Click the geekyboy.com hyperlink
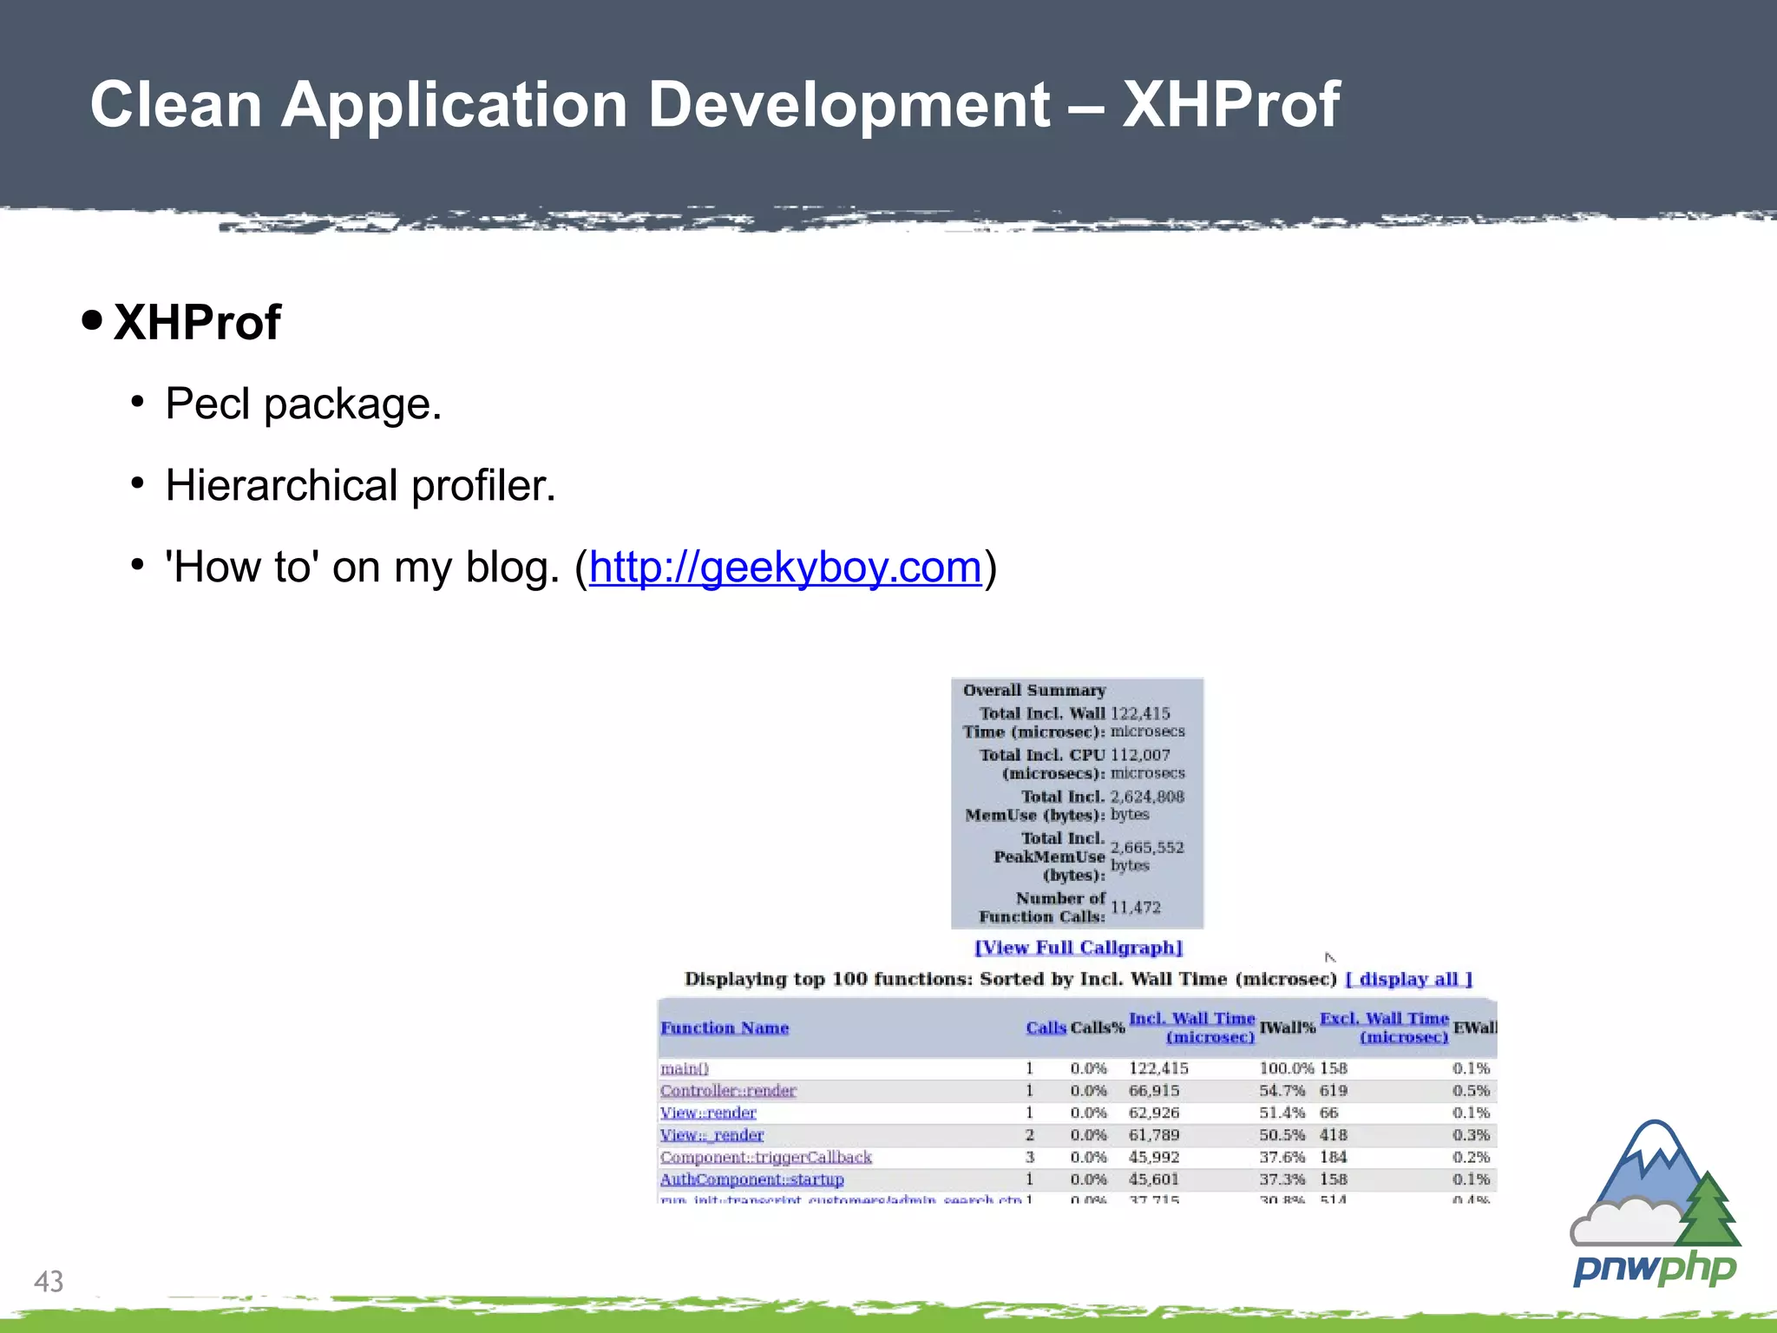click(x=785, y=568)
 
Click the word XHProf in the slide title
click(x=1230, y=105)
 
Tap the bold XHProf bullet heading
click(x=197, y=323)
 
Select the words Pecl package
click(x=304, y=404)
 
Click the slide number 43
click(x=49, y=1281)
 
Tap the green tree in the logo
click(x=1708, y=1210)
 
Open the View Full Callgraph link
click(x=1079, y=948)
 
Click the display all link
click(x=1408, y=979)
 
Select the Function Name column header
click(x=725, y=1028)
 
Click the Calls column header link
click(x=1046, y=1028)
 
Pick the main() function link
click(x=685, y=1068)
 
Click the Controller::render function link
click(x=728, y=1091)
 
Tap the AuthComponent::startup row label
click(x=751, y=1179)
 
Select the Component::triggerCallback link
click(x=765, y=1157)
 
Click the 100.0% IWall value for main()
click(x=1286, y=1068)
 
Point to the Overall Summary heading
click(x=1034, y=691)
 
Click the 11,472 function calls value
click(x=1135, y=908)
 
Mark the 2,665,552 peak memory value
click(x=1146, y=847)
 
